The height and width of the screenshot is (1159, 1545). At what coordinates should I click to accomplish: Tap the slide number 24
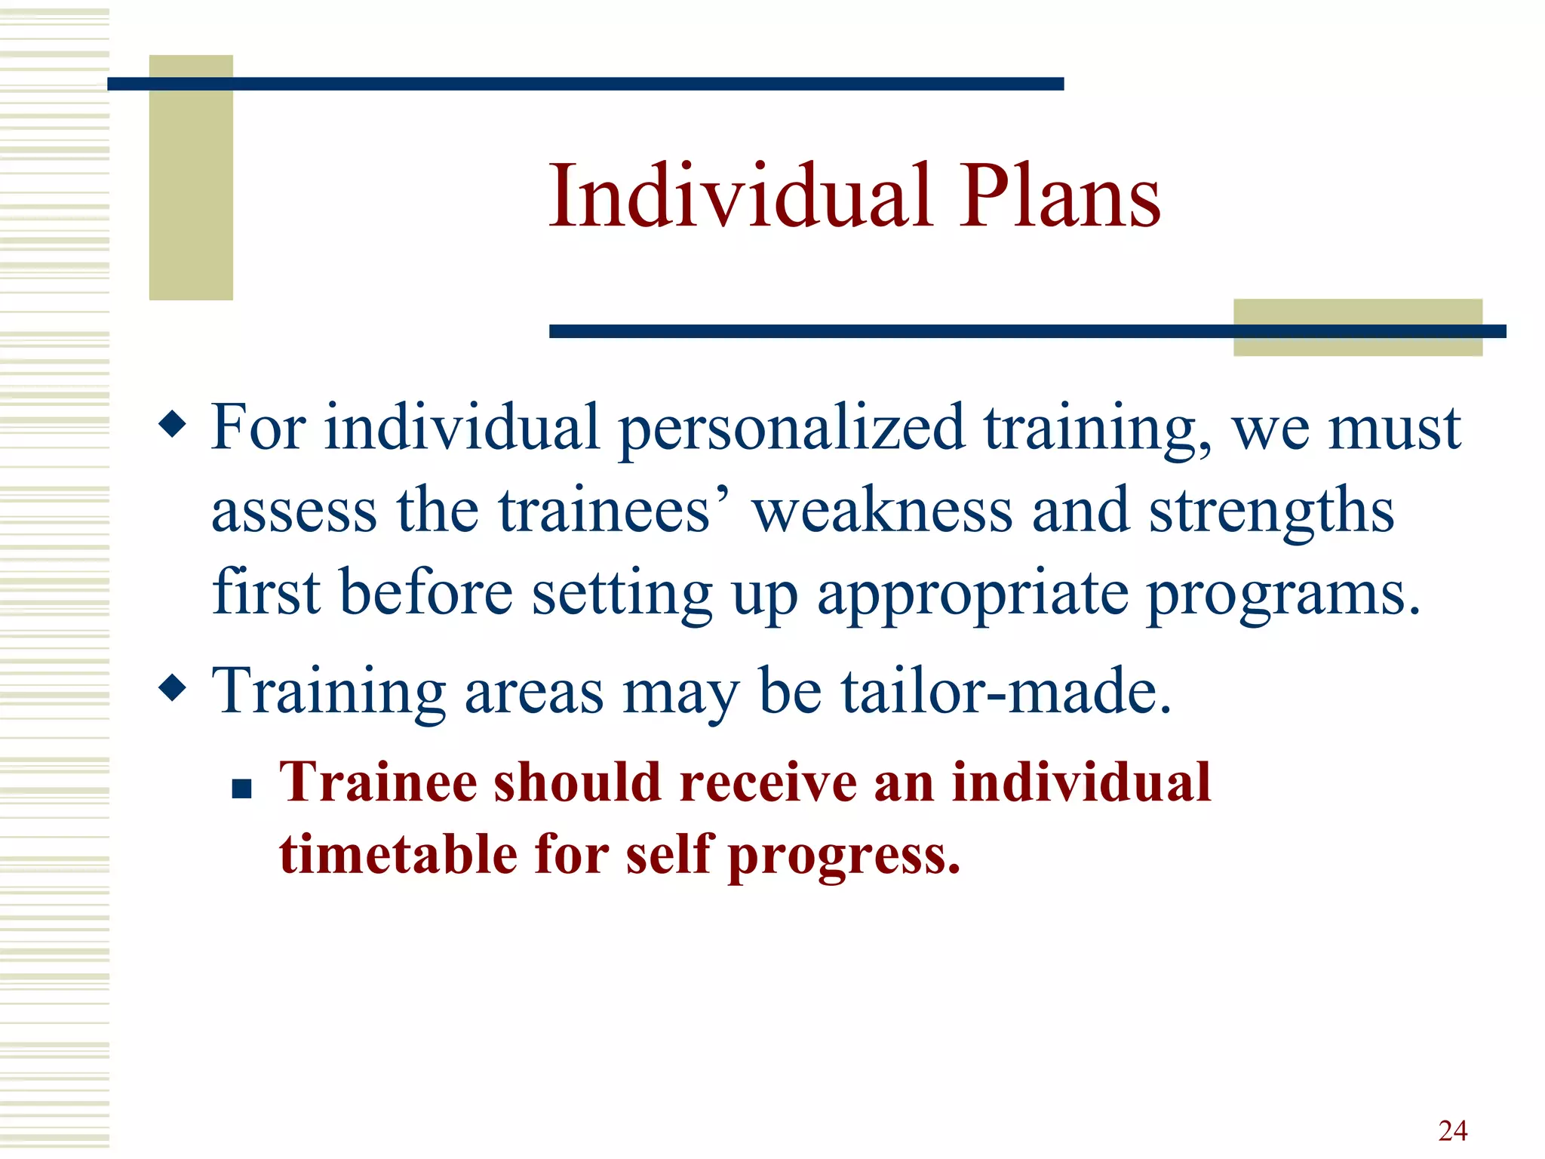point(1452,1130)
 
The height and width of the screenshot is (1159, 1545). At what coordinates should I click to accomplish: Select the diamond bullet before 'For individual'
point(173,424)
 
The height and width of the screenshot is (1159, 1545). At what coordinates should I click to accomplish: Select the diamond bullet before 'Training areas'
point(173,687)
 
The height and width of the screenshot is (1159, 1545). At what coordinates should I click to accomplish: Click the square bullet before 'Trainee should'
point(241,789)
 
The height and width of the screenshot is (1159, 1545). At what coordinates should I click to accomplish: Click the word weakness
point(882,512)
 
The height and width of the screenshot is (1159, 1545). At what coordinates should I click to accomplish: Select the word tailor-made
point(1006,691)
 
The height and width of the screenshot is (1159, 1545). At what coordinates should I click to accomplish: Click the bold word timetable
point(398,854)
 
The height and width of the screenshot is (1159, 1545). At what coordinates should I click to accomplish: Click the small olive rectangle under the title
point(1357,344)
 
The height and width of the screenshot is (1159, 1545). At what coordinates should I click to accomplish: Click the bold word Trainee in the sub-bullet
point(378,782)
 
